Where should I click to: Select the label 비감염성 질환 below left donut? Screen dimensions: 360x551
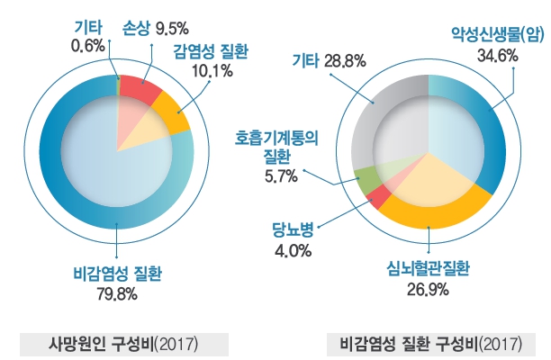[119, 274]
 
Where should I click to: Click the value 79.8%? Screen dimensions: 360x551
[119, 292]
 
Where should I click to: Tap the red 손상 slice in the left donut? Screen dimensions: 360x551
[140, 88]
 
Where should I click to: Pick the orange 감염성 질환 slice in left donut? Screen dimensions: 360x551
[170, 111]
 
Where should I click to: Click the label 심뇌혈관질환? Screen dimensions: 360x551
[429, 269]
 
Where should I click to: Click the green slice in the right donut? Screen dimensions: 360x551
[366, 179]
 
